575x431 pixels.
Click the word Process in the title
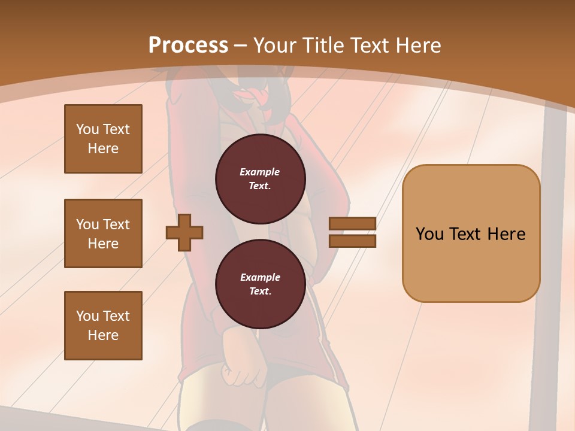pyautogui.click(x=188, y=45)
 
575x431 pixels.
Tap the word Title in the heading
pyautogui.click(x=325, y=45)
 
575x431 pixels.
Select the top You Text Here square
pyautogui.click(x=103, y=139)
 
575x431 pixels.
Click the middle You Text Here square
pyautogui.click(x=103, y=233)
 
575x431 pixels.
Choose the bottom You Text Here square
pyautogui.click(x=103, y=326)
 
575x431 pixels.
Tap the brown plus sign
pyautogui.click(x=184, y=233)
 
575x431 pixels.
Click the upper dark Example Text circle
pyautogui.click(x=260, y=179)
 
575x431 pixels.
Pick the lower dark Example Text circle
pyautogui.click(x=260, y=284)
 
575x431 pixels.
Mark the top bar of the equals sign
pyautogui.click(x=353, y=224)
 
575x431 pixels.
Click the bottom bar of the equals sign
pyautogui.click(x=353, y=241)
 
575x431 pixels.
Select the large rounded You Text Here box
pyautogui.click(x=471, y=233)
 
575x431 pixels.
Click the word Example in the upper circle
pyautogui.click(x=260, y=172)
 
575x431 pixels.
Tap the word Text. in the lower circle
pyautogui.click(x=260, y=292)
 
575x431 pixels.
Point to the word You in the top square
pyautogui.click(x=86, y=129)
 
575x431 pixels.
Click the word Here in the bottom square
pyautogui.click(x=103, y=335)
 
